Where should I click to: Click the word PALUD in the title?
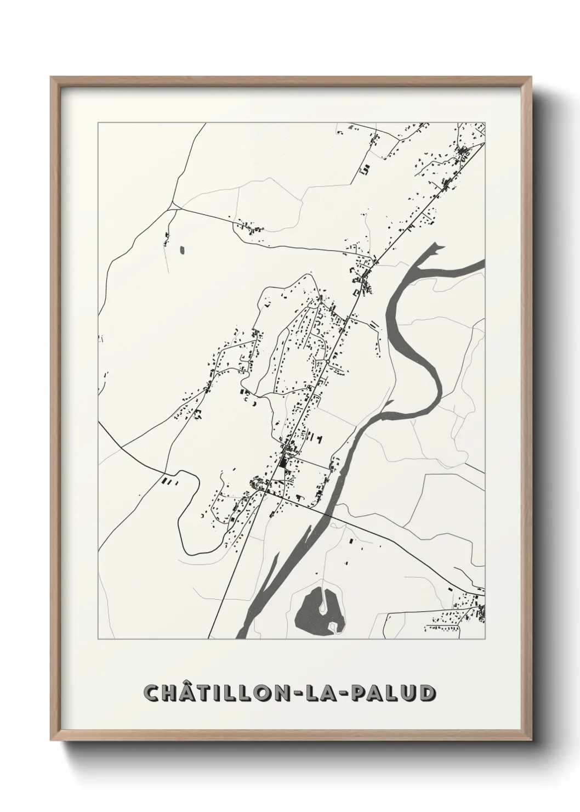tap(396, 692)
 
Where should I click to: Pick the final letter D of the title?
tap(428, 692)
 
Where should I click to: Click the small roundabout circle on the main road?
tap(327, 362)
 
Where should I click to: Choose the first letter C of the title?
tap(151, 692)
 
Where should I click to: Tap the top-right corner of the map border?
tap(485, 123)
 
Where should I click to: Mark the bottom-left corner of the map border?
tap(98, 639)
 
